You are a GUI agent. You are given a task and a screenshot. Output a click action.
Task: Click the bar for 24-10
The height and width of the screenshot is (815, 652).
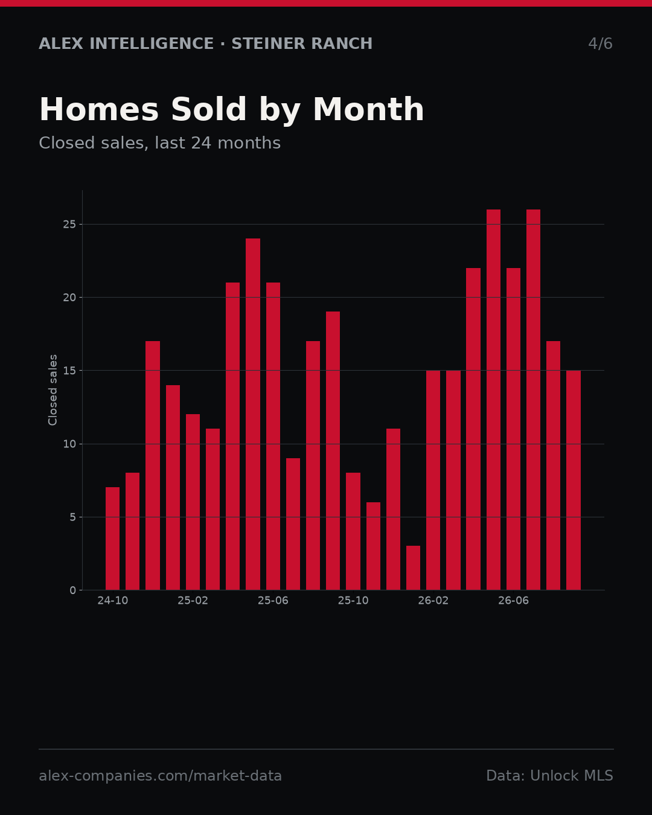pos(112,538)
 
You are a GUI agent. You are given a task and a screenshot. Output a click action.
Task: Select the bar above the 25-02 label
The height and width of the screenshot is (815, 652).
pos(193,502)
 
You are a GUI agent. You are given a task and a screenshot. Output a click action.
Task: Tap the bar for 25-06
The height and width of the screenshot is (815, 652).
pos(273,436)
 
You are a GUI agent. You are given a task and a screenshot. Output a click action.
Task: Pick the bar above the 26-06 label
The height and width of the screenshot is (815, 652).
pos(513,429)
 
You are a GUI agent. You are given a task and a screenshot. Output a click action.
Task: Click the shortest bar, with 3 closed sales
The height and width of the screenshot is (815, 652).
pos(414,567)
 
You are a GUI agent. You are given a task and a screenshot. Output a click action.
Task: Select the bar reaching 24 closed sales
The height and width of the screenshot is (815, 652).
pos(253,414)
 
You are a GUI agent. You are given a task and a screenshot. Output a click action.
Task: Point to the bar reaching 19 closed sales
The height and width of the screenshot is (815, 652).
pos(333,451)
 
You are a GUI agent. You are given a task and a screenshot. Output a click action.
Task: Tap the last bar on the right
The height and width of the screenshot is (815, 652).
pos(574,480)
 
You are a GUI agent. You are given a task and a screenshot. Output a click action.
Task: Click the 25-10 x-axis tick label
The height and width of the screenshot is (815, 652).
pos(353,601)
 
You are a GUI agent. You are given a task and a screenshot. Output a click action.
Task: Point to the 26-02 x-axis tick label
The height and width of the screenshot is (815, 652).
pos(433,601)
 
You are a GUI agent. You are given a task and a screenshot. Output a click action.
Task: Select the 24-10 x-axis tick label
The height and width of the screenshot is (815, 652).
pos(112,601)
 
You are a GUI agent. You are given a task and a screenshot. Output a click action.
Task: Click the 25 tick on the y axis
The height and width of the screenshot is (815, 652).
pos(69,224)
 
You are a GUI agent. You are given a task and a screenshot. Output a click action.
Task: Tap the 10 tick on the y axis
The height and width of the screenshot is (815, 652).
pos(69,444)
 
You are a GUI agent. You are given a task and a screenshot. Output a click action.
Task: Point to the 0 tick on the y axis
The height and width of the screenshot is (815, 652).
pos(72,590)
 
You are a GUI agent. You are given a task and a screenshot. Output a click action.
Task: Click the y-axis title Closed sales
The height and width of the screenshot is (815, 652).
pos(53,390)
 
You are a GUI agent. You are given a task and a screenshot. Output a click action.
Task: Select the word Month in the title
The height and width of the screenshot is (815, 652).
pos(368,109)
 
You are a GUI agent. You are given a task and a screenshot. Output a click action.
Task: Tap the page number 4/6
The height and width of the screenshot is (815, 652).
pos(600,43)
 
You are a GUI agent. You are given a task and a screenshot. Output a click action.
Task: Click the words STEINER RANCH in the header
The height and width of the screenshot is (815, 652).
pos(302,43)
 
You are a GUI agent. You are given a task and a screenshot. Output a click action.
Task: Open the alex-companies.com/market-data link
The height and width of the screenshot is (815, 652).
pos(160,776)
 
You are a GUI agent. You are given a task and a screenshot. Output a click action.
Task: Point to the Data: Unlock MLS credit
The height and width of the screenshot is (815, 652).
pos(549,776)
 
